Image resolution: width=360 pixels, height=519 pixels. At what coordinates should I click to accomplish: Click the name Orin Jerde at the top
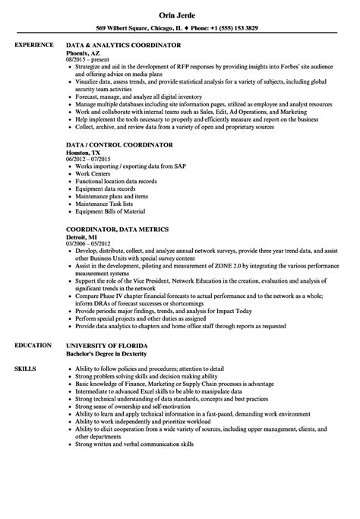click(179, 13)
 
